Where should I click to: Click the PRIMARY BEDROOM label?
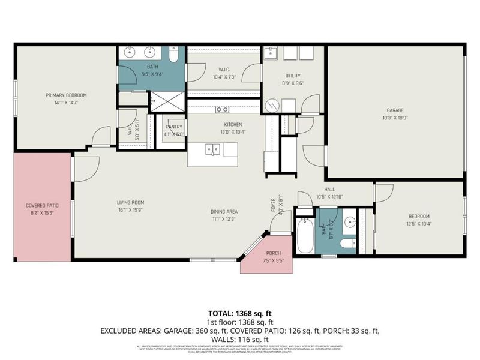tap(66, 95)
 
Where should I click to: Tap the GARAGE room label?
tap(395, 110)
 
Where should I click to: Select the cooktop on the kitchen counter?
tap(222, 109)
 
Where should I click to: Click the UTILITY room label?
tap(293, 76)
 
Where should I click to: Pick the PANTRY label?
tap(173, 127)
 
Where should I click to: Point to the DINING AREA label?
tap(224, 211)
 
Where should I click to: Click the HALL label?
tap(329, 188)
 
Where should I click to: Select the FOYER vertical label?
tap(274, 205)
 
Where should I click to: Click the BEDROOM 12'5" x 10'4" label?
tap(419, 216)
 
